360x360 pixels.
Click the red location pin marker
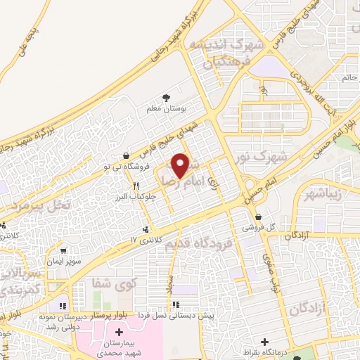(181, 165)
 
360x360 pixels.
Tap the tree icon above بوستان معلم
(166, 98)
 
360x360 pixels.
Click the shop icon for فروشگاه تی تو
(126, 156)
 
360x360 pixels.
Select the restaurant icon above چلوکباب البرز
(136, 186)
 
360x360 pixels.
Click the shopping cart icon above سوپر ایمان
(65, 250)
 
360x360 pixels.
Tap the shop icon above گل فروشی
(259, 217)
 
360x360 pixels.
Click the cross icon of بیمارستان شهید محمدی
(118, 331)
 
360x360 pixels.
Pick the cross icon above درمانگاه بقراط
(264, 342)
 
